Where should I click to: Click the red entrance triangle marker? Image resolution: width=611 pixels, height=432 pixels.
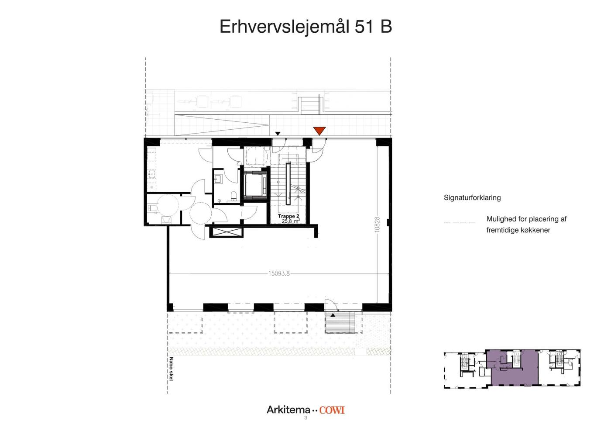[319, 131]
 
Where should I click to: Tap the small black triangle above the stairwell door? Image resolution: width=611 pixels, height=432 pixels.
[278, 134]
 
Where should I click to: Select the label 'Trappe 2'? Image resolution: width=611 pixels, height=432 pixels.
[288, 216]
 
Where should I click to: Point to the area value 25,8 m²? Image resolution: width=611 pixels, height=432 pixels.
[291, 221]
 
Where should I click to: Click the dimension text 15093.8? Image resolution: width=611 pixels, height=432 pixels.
[279, 273]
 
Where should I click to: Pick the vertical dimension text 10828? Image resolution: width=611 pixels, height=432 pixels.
[377, 225]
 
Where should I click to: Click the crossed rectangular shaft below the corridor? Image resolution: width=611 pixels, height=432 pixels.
[226, 232]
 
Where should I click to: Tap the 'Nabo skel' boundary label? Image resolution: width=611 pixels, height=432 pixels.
[171, 369]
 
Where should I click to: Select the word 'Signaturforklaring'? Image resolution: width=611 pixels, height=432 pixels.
[472, 198]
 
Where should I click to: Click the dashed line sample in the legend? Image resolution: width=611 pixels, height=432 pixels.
[459, 223]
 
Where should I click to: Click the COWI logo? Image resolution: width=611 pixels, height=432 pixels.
[332, 410]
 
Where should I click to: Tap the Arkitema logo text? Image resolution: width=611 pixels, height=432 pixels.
[288, 410]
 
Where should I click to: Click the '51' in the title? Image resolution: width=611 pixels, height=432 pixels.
[364, 27]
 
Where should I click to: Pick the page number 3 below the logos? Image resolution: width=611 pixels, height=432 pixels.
[305, 418]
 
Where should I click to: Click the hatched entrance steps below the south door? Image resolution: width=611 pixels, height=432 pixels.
[340, 323]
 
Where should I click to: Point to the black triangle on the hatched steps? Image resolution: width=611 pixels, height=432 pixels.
[333, 315]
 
